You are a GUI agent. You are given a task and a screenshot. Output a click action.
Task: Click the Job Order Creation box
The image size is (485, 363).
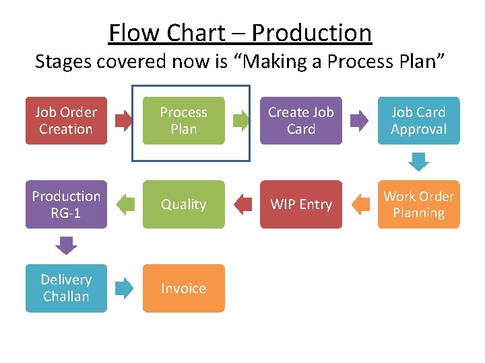point(66,121)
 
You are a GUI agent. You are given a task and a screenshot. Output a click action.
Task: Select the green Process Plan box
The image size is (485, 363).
point(183,121)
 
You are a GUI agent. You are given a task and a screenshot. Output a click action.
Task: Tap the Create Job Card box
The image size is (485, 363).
point(301,121)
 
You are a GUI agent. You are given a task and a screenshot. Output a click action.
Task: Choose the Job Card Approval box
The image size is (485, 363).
point(418,121)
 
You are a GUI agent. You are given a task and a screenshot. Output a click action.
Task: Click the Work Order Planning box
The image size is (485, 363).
point(418,204)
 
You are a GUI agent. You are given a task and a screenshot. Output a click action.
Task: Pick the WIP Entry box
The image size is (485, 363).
point(301,204)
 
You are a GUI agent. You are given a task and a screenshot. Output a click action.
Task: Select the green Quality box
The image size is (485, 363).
point(183,204)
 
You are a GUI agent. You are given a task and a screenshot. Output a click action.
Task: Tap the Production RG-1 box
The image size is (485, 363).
point(66,204)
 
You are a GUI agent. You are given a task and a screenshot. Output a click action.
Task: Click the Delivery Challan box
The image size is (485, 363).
point(66,288)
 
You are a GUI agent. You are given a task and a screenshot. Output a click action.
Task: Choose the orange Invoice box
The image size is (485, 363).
point(183,288)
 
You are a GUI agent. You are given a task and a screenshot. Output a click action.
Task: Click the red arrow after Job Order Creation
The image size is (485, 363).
point(125,121)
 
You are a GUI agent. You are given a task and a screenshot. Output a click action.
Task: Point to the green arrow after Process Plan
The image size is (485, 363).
point(242,121)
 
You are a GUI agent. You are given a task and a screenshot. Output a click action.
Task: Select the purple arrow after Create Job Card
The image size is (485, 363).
point(360,121)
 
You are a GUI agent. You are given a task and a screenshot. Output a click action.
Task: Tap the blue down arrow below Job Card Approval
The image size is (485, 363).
point(419,162)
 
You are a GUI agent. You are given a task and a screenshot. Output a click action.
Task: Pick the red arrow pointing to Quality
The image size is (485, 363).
point(242,204)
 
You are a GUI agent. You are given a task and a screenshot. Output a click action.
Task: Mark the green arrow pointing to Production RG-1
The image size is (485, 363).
point(125,204)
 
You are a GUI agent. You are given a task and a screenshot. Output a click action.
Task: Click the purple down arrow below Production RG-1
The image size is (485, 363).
point(66,246)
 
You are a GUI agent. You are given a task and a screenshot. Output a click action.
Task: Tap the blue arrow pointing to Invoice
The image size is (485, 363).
point(125,288)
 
